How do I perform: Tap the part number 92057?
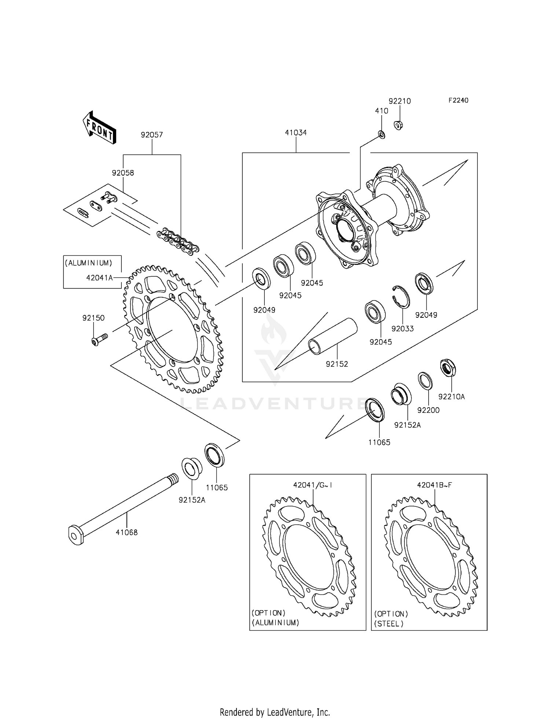point(152,135)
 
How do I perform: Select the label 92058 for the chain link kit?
point(123,173)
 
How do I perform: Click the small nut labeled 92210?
point(399,125)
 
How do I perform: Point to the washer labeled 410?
point(381,135)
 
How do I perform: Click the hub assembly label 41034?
point(296,133)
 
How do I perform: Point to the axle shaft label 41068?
point(126,532)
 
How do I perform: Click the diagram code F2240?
point(458,100)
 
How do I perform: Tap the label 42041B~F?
point(434,485)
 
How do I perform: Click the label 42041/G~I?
point(313,485)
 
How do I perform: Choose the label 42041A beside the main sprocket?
point(99,278)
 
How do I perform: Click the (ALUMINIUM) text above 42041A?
point(89,263)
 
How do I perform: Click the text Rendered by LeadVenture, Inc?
point(275,712)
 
